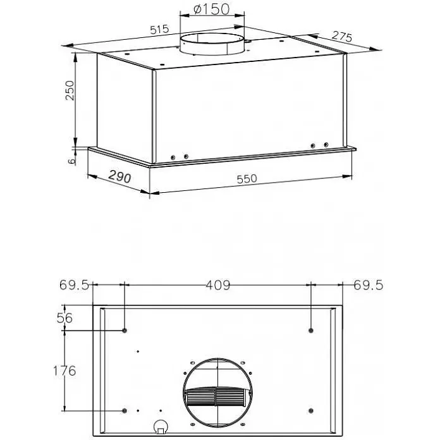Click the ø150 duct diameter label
tap(212, 9)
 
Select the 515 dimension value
tap(160, 30)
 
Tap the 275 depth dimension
tap(341, 37)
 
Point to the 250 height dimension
tap(70, 90)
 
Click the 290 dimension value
tap(119, 176)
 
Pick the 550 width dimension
tap(247, 179)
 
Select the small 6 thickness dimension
tap(72, 161)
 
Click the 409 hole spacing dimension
tap(218, 285)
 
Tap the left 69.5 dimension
tap(74, 285)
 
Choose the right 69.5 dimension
tap(368, 285)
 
